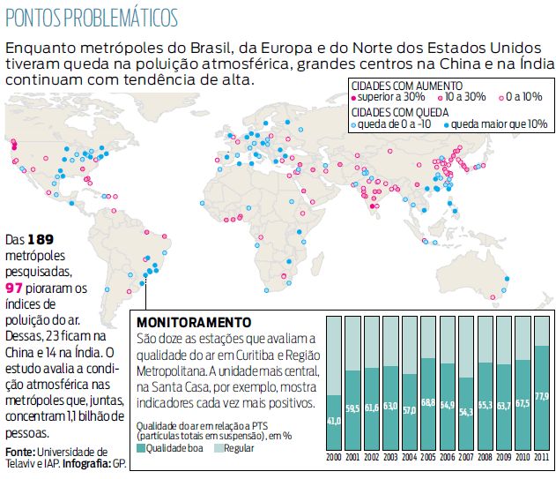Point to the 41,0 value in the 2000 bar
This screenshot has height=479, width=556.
(333, 421)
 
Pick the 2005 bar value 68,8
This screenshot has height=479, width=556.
(427, 402)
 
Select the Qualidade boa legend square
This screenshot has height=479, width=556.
(141, 449)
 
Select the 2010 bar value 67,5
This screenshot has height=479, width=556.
(522, 404)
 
